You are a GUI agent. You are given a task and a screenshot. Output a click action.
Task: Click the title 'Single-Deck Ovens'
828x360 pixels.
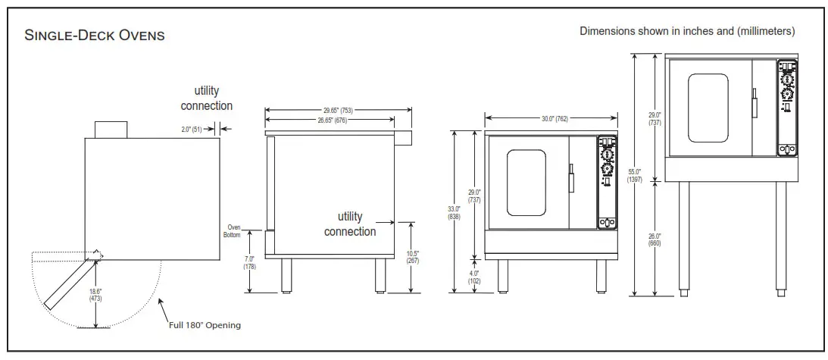coord(95,36)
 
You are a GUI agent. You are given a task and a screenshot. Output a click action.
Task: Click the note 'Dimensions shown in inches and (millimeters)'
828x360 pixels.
coord(686,31)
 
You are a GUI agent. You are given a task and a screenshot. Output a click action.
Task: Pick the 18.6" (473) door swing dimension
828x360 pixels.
coord(96,294)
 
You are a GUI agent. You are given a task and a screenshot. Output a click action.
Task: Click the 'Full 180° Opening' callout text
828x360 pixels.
coord(205,325)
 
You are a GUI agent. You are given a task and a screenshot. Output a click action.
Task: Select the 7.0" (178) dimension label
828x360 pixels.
coord(249,262)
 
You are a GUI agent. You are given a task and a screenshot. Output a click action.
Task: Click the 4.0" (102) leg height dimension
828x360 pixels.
coord(475,277)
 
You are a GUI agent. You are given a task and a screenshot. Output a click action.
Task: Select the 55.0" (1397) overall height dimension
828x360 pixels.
coord(635,175)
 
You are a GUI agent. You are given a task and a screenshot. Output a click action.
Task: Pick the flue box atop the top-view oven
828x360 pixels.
coord(111,129)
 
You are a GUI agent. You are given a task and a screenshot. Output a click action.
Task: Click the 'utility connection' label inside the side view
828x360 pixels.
coord(350,224)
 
